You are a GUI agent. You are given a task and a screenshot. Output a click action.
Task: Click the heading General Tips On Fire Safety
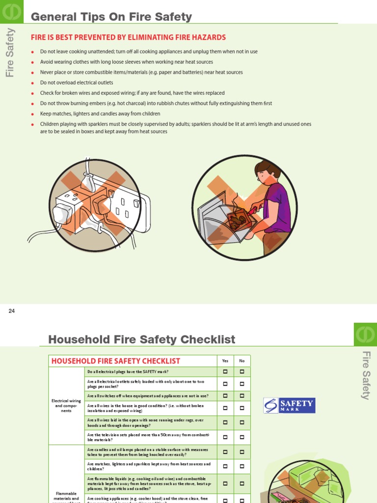coord(111,17)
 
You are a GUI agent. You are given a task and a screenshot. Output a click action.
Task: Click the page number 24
coord(12,311)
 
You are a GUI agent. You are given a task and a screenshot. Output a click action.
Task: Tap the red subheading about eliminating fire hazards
coord(128,37)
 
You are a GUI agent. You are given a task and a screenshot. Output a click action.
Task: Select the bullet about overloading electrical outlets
coord(77,83)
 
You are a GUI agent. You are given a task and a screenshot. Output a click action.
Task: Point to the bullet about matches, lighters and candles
coord(100,113)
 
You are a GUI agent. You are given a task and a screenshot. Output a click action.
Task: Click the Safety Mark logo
coord(289,405)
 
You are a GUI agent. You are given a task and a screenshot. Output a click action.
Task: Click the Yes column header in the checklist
coord(225,361)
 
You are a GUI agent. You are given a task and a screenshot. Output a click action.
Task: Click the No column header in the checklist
coord(242,361)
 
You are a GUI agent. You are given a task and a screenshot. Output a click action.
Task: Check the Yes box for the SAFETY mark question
coord(225,372)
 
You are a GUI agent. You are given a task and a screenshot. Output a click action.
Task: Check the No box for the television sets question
coord(242,437)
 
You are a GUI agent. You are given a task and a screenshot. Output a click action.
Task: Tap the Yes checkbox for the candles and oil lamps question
coord(225,452)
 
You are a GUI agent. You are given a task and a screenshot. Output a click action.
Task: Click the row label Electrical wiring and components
coord(66,405)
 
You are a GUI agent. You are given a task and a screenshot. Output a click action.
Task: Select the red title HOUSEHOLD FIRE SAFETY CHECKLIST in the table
coord(116,361)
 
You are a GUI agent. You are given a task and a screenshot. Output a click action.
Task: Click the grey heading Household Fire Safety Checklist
coord(142,339)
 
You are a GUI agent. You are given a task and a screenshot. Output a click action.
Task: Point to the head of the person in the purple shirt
coord(267,171)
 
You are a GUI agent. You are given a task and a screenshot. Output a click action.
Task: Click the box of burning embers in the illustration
coord(239,220)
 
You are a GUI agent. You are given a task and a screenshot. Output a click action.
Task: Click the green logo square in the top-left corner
coord(11,11)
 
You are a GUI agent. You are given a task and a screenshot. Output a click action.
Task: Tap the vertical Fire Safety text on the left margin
coord(10,53)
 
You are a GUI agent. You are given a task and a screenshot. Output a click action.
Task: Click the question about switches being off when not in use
coord(148,396)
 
